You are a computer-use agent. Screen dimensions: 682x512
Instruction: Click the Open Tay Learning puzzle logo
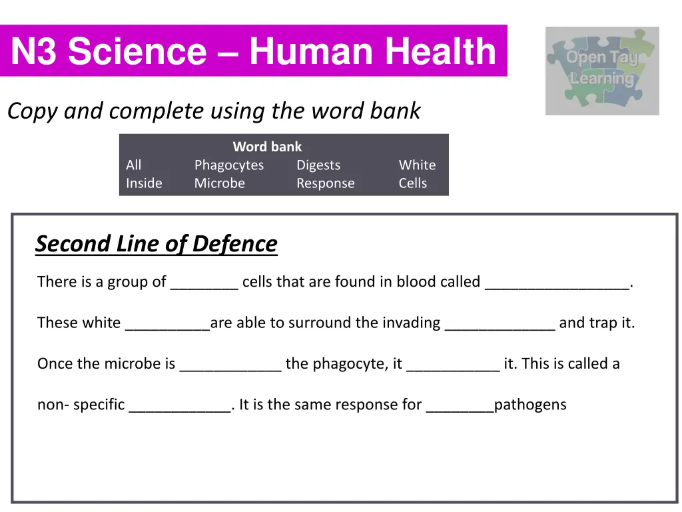pos(602,71)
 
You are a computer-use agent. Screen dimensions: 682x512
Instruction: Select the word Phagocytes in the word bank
pos(228,165)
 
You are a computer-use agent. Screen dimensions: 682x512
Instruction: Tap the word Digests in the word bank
pos(318,165)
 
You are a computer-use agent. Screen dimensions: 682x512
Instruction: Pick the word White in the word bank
pos(417,165)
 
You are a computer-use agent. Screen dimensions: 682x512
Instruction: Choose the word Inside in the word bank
pos(144,183)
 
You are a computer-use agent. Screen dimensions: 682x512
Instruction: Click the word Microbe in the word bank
pos(219,183)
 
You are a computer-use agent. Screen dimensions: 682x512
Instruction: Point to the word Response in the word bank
pos(325,183)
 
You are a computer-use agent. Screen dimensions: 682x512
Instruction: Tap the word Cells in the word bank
pos(412,183)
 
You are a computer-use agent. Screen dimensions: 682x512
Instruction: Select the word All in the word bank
pos(133,165)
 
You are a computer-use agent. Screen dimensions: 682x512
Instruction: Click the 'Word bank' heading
pos(267,147)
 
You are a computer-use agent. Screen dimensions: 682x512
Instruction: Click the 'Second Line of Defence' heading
pos(156,244)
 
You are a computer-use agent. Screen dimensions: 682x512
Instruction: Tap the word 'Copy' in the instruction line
pos(33,111)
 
